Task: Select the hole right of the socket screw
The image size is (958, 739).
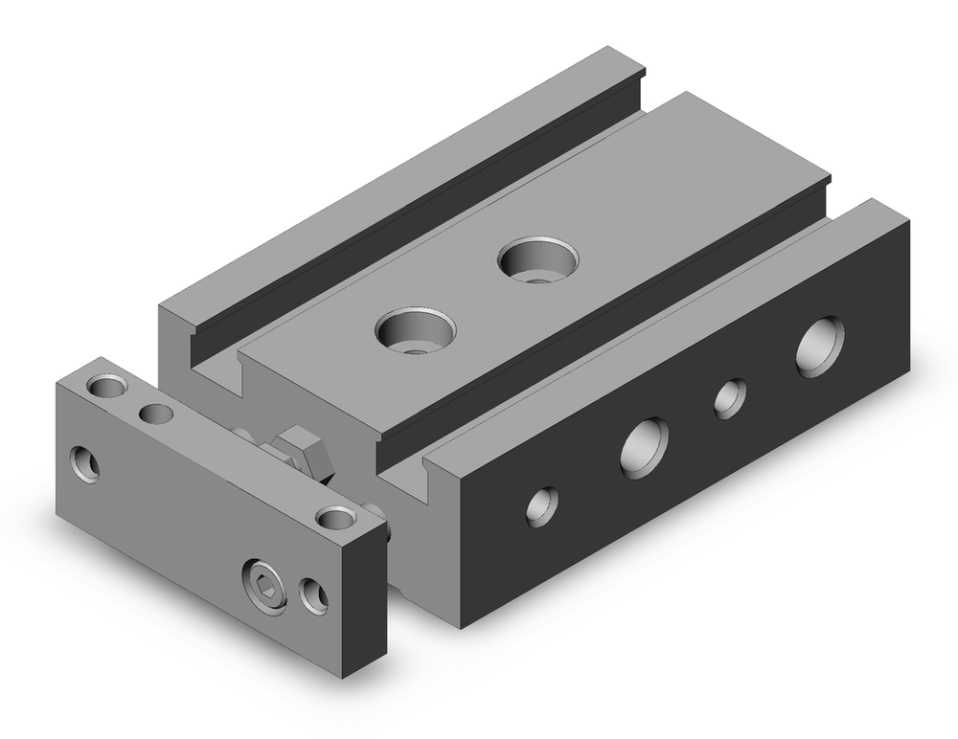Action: [313, 594]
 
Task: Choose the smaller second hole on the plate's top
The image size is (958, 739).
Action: [154, 414]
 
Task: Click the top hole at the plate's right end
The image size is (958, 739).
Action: [335, 518]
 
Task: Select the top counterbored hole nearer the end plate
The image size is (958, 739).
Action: [415, 330]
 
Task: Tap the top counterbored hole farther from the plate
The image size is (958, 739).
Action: [537, 259]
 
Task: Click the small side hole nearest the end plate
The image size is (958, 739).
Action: [542, 504]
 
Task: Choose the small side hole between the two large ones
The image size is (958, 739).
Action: [730, 397]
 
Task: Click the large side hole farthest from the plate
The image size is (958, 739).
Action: [820, 346]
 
